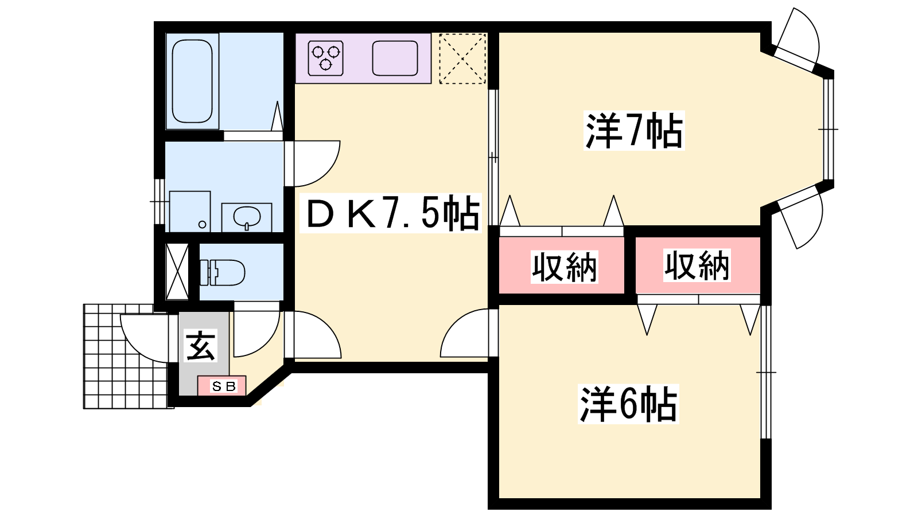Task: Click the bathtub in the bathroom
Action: [x=192, y=81]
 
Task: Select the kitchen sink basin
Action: [x=395, y=58]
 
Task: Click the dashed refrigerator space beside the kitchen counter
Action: [x=462, y=58]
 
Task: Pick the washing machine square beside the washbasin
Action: [x=190, y=212]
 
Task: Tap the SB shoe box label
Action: [x=223, y=386]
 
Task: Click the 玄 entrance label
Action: [x=201, y=346]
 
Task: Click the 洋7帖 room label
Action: [x=634, y=131]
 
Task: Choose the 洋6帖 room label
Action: [x=628, y=404]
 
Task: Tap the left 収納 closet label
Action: [x=565, y=267]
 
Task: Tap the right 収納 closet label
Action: [x=697, y=265]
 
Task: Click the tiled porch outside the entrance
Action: [x=120, y=373]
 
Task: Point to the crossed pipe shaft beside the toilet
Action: [x=177, y=272]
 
